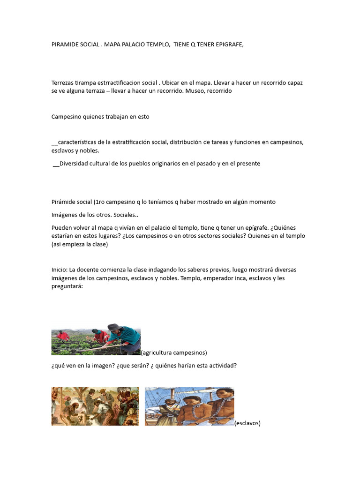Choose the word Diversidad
(75, 164)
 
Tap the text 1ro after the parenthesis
(99, 202)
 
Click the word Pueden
(61, 228)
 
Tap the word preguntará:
(67, 286)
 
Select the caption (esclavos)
(247, 423)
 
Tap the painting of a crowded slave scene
(95, 406)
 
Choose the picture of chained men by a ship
(189, 406)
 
